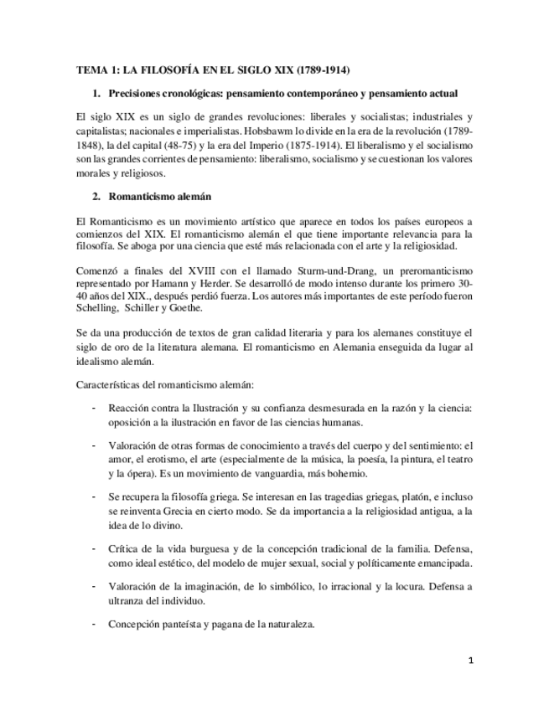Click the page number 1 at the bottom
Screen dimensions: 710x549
[471, 661]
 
